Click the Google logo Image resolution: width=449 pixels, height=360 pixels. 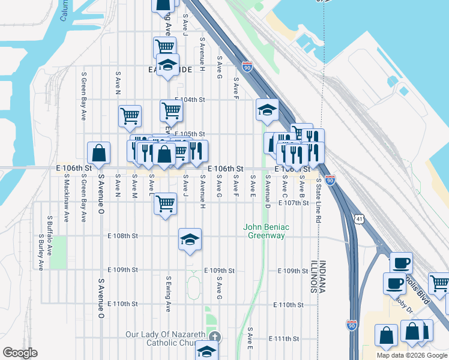coord(20,353)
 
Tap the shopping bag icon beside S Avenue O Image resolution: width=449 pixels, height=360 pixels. coord(98,154)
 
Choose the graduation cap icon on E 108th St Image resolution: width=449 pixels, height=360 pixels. coord(190,240)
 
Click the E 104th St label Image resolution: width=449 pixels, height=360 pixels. coord(190,100)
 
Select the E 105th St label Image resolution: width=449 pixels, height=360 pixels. coord(190,134)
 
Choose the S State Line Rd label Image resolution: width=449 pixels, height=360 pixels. coord(319,202)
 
